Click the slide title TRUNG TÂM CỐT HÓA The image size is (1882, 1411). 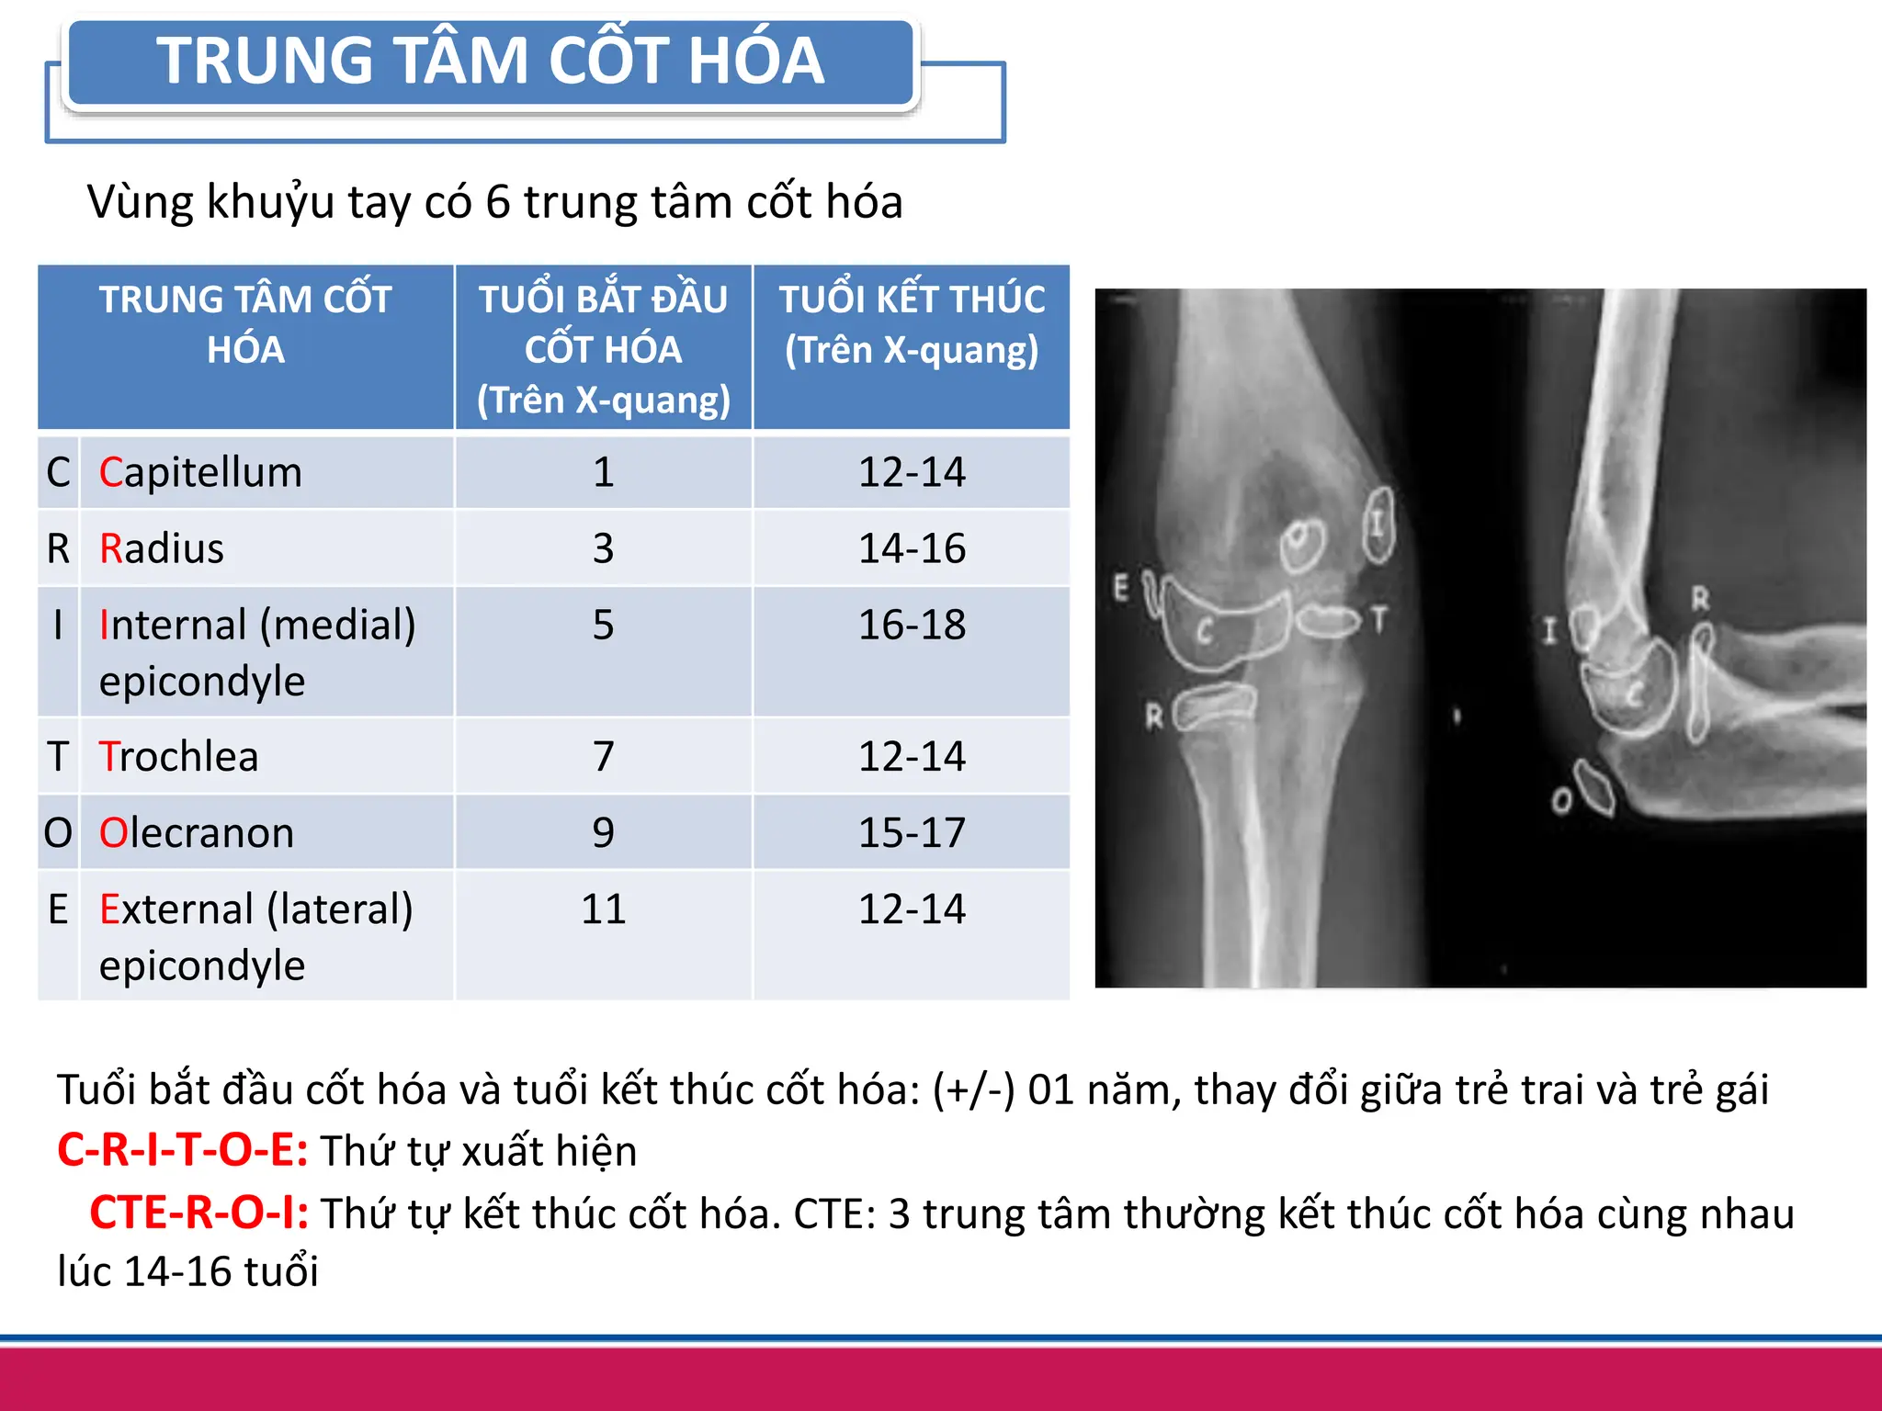(490, 62)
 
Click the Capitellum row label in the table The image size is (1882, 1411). (200, 472)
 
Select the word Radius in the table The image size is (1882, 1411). (162, 548)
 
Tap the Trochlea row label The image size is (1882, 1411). (179, 757)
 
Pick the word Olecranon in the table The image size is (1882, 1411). (197, 833)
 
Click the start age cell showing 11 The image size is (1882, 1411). (603, 909)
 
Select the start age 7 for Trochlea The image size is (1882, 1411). (603, 757)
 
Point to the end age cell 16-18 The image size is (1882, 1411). (912, 626)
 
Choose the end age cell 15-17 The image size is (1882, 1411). (912, 833)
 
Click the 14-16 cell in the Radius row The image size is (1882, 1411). (912, 548)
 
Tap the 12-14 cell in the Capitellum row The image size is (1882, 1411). (912, 472)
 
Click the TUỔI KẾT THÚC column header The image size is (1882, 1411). (912, 325)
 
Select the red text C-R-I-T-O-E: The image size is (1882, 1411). (182, 1150)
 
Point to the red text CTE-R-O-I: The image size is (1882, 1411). (198, 1213)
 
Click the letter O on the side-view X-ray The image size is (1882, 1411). (1561, 801)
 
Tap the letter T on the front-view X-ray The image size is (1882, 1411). (1378, 620)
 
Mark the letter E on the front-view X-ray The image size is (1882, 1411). (1121, 586)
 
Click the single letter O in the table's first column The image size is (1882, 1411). (58, 833)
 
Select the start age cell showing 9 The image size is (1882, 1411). (603, 833)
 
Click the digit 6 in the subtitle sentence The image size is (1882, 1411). (497, 202)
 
